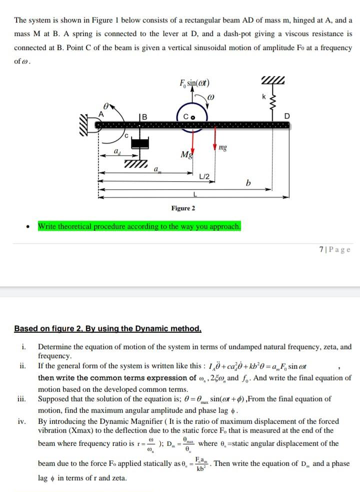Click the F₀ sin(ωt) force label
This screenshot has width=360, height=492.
coord(194,83)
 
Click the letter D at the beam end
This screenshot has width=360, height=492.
coord(286,116)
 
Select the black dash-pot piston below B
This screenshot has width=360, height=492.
coord(139,143)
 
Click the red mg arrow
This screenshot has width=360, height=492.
coord(214,137)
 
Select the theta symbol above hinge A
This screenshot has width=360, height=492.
coord(105,106)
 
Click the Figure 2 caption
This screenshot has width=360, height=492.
coord(183,208)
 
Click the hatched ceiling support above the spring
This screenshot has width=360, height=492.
coord(273,83)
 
